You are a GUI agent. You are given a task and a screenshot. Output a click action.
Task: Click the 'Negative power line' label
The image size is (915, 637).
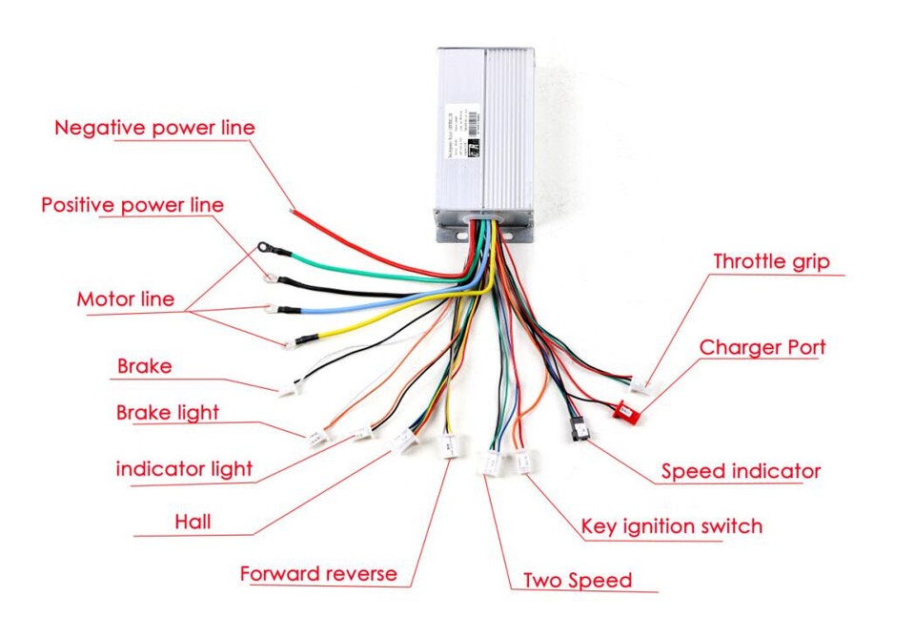pos(154,128)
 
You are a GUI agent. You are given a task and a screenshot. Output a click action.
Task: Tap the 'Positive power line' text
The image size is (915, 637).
pos(132,205)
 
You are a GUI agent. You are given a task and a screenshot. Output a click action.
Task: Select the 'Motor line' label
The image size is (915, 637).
pos(125,299)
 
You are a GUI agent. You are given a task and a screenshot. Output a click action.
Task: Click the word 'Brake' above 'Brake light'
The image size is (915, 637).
pos(144,366)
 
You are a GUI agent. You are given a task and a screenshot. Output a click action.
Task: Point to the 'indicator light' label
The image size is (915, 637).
pos(184,468)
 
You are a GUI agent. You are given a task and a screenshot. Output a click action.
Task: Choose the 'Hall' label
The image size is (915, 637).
pos(193,522)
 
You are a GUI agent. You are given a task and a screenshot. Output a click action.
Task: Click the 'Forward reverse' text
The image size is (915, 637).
pos(317,574)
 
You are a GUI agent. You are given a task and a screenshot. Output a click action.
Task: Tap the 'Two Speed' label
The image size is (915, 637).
pos(578,580)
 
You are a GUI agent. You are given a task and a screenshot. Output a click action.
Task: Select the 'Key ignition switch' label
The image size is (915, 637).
pos(671,525)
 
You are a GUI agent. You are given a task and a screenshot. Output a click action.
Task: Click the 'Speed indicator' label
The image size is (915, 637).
pos(741,471)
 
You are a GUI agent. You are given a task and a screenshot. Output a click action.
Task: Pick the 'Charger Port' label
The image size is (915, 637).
pos(762,347)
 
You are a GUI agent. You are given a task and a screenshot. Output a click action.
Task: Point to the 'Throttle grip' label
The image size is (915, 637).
pos(771,261)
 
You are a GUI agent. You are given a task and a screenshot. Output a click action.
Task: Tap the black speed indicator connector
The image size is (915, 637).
pos(579,429)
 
